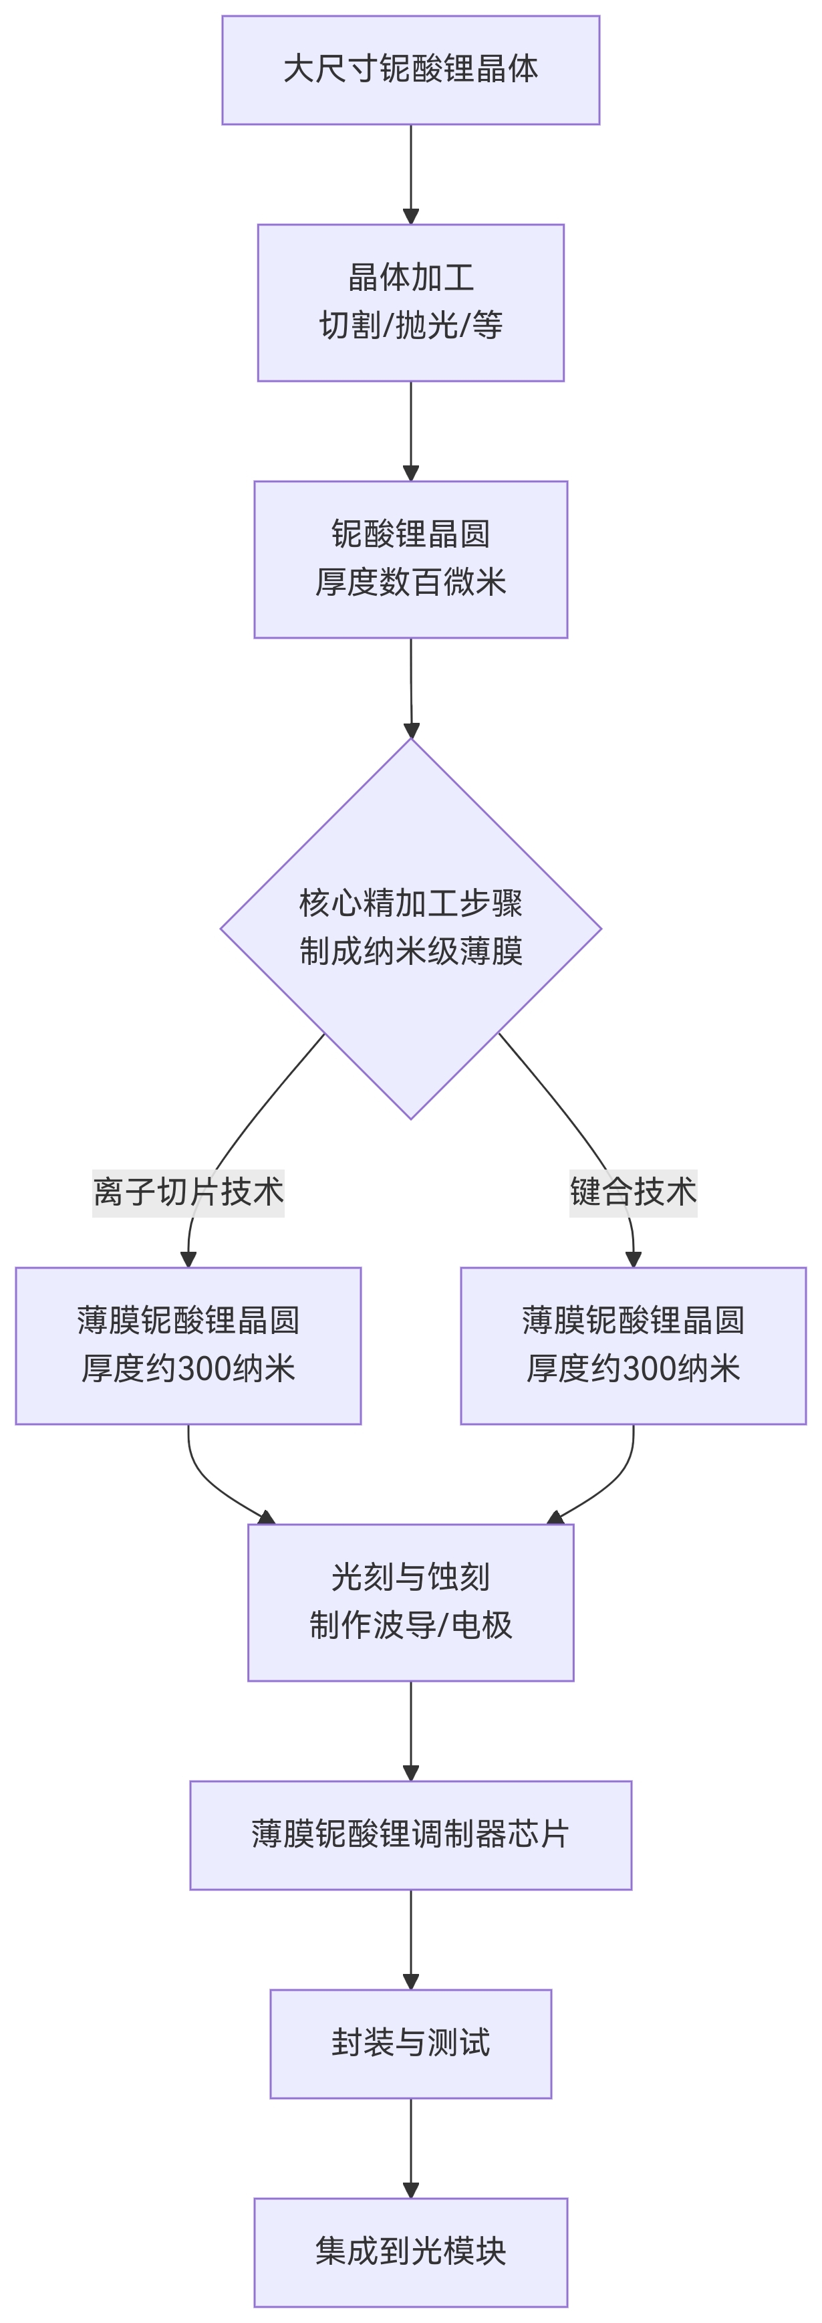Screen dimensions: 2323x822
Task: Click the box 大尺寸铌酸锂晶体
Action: click(x=410, y=70)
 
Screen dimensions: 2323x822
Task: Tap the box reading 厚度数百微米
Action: click(x=410, y=559)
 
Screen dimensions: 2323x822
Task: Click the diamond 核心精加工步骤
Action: click(x=410, y=928)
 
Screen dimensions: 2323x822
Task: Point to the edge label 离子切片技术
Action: click(x=188, y=1192)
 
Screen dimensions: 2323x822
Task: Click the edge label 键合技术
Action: click(x=633, y=1192)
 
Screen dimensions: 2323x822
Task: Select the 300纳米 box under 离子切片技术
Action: click(x=188, y=1345)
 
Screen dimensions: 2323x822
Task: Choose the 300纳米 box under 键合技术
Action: click(x=633, y=1345)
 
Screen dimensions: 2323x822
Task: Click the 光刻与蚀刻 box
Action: click(x=410, y=1602)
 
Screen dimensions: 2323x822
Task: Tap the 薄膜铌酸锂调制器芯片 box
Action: click(x=410, y=1835)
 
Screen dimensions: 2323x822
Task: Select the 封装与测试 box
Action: click(x=410, y=2043)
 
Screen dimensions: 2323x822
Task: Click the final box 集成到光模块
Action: click(x=410, y=2251)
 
